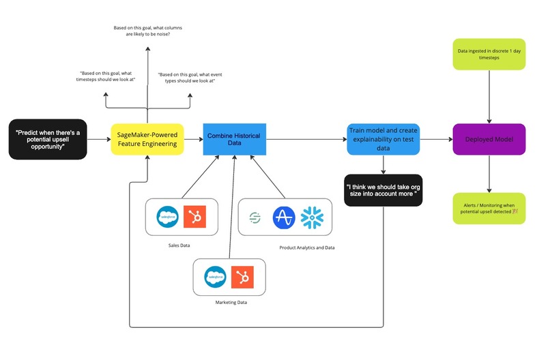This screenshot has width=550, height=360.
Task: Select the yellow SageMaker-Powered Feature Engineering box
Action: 147,139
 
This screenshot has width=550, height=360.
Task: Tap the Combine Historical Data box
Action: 234,139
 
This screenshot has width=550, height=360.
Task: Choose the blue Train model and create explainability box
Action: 383,139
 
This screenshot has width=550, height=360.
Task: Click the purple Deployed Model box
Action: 489,139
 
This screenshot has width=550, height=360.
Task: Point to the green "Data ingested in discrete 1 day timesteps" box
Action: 489,54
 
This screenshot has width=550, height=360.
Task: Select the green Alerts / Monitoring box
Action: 489,208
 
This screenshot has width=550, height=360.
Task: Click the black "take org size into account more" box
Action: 383,189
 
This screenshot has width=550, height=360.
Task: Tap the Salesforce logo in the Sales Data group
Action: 167,217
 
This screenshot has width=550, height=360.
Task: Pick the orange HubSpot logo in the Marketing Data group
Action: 241,276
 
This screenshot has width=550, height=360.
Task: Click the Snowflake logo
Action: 313,217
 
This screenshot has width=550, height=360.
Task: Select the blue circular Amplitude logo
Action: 283,217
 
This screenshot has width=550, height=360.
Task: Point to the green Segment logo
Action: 254,217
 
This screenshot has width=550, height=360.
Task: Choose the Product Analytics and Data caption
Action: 307,247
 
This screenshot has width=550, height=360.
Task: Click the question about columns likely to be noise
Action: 147,31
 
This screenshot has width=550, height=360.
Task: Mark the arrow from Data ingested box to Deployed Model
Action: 489,95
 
